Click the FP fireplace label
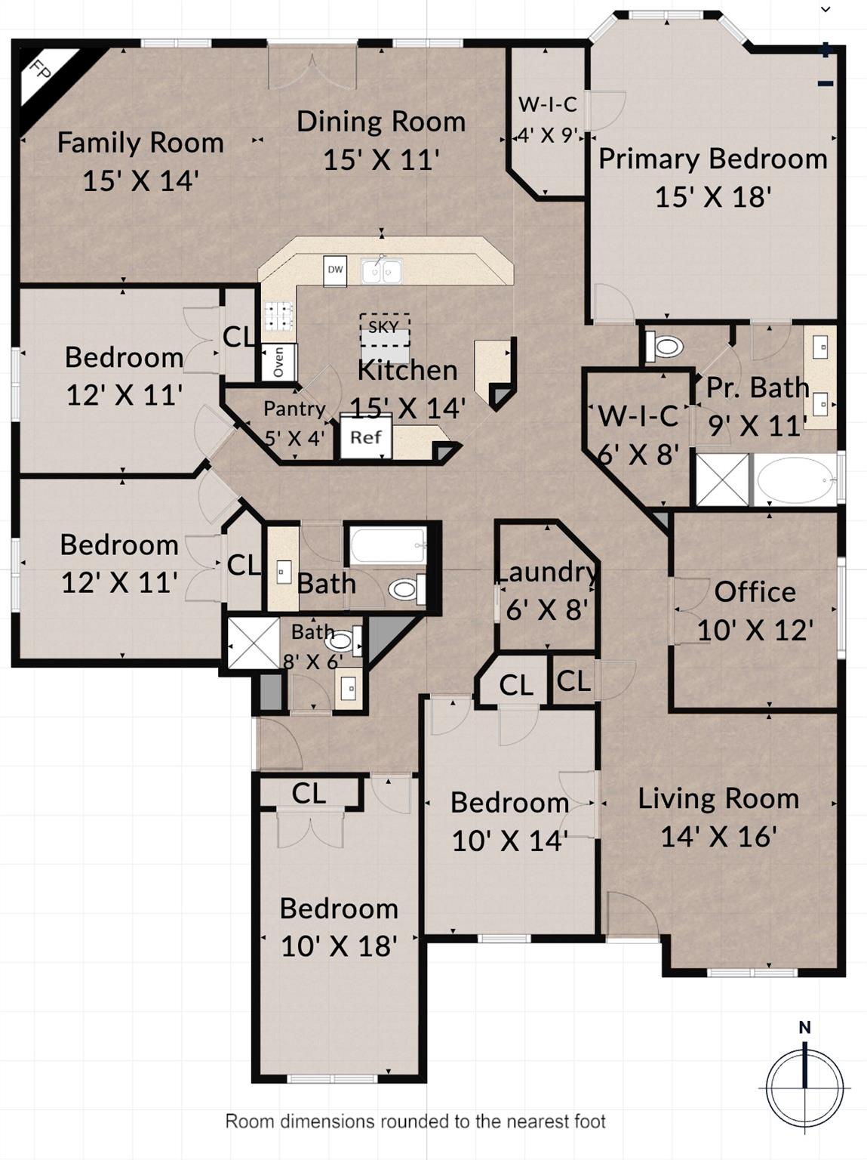click(x=40, y=69)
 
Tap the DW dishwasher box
click(x=335, y=270)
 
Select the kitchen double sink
click(x=382, y=271)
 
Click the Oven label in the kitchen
click(x=278, y=362)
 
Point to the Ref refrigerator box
click(x=366, y=437)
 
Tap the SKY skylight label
click(x=383, y=327)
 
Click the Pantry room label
click(x=294, y=409)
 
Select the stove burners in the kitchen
click(x=278, y=316)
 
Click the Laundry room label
click(x=546, y=572)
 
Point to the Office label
click(x=755, y=592)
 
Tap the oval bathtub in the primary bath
click(x=795, y=480)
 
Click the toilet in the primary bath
click(x=664, y=347)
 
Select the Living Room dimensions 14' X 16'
click(x=718, y=837)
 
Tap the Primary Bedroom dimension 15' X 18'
click(x=713, y=196)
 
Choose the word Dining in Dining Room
click(x=339, y=122)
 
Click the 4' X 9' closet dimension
click(x=549, y=135)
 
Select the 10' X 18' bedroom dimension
click(x=340, y=946)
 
